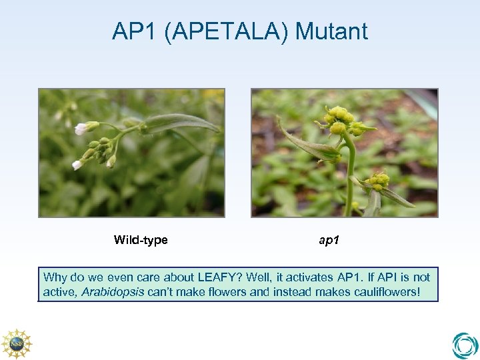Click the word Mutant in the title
(331, 31)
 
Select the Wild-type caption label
(141, 240)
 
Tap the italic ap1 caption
(329, 240)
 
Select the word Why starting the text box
(55, 277)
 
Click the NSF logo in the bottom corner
(16, 343)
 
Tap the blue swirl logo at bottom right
(464, 345)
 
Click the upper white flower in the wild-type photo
(82, 128)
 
